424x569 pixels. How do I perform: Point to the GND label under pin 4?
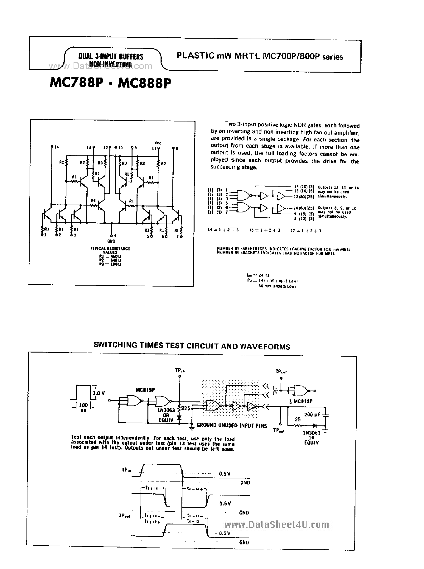coord(111,241)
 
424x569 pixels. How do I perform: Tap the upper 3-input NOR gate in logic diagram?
coord(243,195)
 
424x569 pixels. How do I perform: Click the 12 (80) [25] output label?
coord(302,197)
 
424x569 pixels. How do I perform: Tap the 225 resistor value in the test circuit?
coord(186,408)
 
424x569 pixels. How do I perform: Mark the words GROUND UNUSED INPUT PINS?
coord(232,425)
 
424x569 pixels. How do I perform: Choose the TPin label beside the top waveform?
coord(126,470)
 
